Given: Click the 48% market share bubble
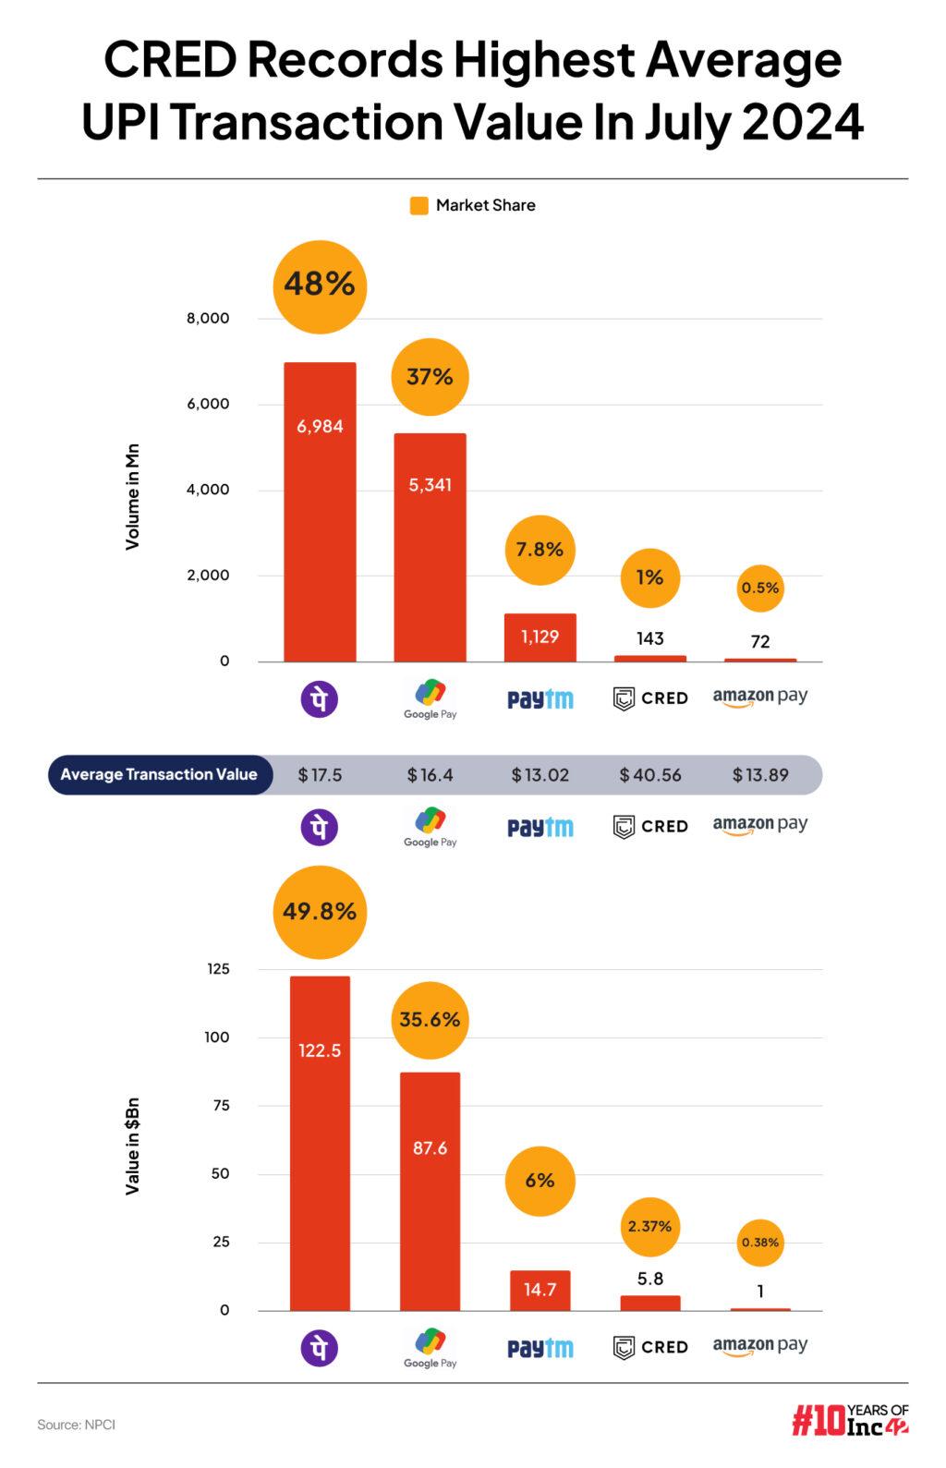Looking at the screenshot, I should [320, 285].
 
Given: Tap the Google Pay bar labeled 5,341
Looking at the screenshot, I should [430, 547].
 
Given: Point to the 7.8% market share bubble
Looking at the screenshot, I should [540, 550].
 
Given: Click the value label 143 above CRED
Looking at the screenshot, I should [649, 638].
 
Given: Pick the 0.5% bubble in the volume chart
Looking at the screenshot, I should [760, 588].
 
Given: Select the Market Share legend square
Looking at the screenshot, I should [418, 206].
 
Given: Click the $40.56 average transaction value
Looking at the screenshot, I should [649, 775].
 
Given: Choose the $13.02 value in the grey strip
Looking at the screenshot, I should [540, 775].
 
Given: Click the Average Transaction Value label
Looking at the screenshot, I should [159, 775].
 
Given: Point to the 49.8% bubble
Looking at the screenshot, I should [320, 912].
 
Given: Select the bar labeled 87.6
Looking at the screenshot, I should [430, 1191].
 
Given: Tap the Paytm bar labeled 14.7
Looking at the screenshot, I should [540, 1290].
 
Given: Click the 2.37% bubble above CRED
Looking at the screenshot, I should [649, 1227].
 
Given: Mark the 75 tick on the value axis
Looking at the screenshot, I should [221, 1106].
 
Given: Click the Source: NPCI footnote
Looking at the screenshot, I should [76, 1425].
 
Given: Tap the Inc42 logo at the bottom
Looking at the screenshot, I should [849, 1421].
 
